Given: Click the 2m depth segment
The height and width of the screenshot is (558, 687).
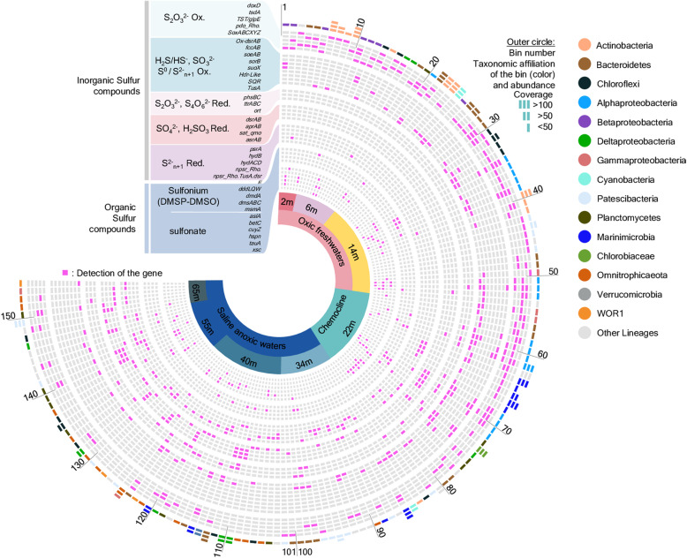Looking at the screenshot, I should tap(287, 202).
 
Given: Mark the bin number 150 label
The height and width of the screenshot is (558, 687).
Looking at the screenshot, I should tap(11, 315).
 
